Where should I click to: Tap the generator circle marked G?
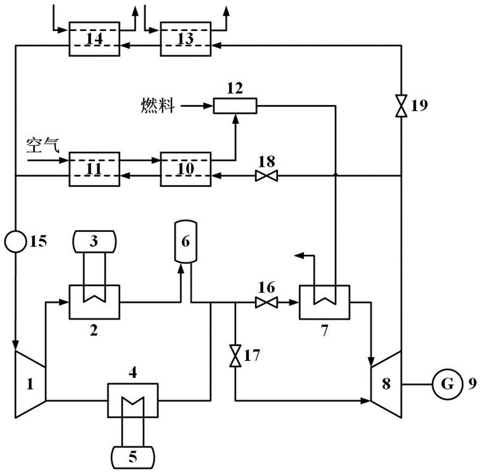pyautogui.click(x=445, y=384)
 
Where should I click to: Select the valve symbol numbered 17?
pyautogui.click(x=235, y=356)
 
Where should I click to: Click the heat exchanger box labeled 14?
pyautogui.click(x=94, y=39)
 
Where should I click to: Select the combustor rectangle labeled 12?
pyautogui.click(x=235, y=106)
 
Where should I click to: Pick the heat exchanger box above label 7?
pyautogui.click(x=325, y=302)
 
